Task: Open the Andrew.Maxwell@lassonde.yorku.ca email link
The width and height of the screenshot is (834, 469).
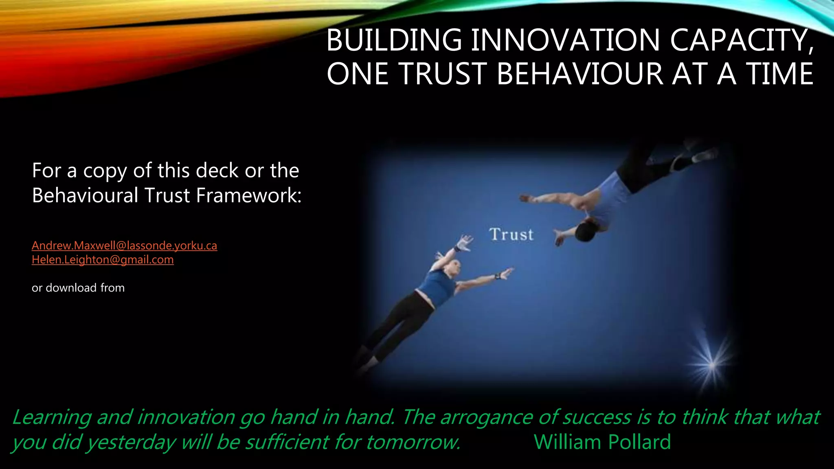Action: pyautogui.click(x=124, y=245)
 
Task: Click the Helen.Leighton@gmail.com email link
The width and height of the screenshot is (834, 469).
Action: pyautogui.click(x=103, y=260)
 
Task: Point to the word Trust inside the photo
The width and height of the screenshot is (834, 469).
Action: pyautogui.click(x=511, y=234)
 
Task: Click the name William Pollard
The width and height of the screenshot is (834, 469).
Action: pyautogui.click(x=602, y=442)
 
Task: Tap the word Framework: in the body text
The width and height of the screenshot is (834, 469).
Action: pyautogui.click(x=249, y=195)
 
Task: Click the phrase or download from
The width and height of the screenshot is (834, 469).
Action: pyautogui.click(x=78, y=288)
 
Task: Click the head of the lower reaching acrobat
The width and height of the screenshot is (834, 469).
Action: pyautogui.click(x=454, y=267)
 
